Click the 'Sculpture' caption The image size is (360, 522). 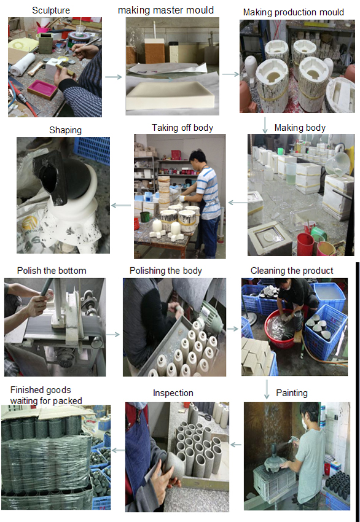click(x=51, y=10)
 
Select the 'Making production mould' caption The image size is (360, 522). click(x=294, y=12)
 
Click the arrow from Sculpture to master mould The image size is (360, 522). click(x=114, y=77)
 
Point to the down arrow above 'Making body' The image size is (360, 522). click(x=265, y=125)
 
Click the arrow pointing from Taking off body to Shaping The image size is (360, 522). click(x=121, y=205)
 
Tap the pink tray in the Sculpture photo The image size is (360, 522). click(x=42, y=89)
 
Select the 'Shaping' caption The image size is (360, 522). click(x=65, y=130)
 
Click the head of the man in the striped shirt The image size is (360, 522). click(x=197, y=158)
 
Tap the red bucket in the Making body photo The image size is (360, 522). click(x=305, y=244)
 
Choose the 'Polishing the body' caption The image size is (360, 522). click(x=165, y=271)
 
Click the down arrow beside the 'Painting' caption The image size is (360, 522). click(x=267, y=389)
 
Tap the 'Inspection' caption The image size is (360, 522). click(x=173, y=393)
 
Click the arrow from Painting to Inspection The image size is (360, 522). click(x=236, y=445)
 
